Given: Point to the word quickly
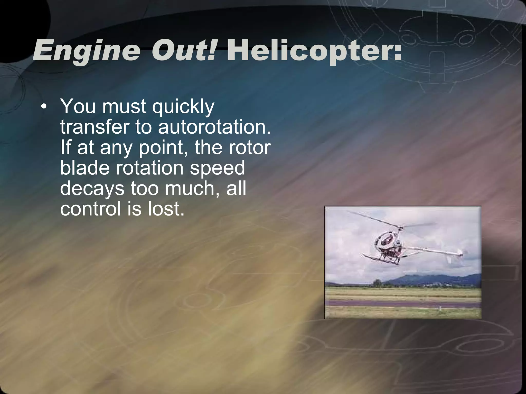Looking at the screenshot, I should [183, 107].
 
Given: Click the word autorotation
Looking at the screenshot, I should [214, 127].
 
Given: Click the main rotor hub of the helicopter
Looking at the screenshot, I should [401, 228].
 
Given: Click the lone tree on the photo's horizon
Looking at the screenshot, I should [377, 283].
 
